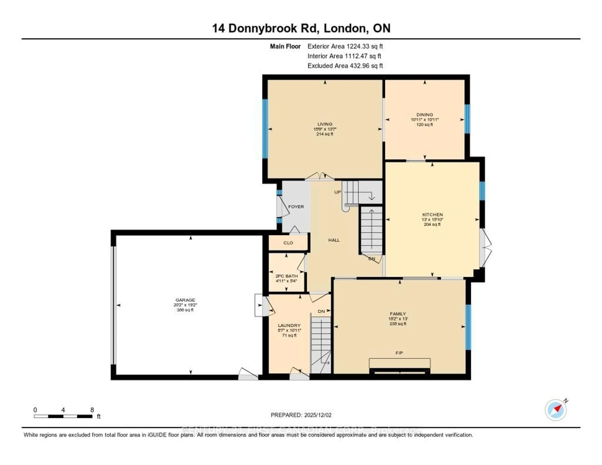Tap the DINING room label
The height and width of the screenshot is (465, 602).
point(425,115)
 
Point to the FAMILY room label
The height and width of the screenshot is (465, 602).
point(398,314)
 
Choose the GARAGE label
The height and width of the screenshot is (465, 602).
point(185,300)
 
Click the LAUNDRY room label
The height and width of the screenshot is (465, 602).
point(289,325)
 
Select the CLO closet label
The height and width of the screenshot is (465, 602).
point(288,243)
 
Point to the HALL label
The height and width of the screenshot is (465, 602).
point(334,240)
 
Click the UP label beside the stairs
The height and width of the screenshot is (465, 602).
point(337,192)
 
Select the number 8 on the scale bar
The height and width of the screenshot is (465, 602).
point(92,410)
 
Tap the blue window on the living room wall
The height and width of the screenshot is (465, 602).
point(265,129)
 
